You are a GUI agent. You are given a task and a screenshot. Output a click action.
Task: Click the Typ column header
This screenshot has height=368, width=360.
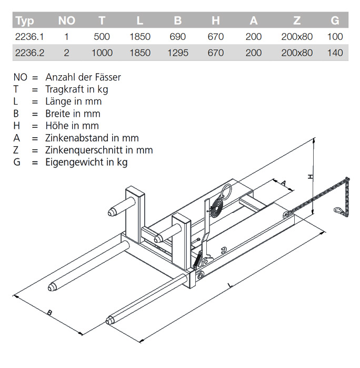[x=25, y=21]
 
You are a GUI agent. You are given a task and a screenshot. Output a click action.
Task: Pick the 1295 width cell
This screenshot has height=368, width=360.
[x=177, y=53]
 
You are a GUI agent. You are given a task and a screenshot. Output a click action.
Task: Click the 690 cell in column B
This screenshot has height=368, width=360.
[x=177, y=37]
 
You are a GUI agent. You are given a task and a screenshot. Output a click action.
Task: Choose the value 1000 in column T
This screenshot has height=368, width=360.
[x=102, y=53]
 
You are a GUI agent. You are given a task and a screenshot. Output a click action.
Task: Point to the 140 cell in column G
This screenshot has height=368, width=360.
[x=335, y=53]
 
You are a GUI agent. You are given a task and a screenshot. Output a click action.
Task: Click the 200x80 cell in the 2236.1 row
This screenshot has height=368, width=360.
[x=297, y=37]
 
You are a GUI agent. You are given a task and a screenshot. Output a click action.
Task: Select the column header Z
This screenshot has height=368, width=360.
[x=297, y=21]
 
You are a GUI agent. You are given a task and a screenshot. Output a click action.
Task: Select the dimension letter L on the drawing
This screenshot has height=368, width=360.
[x=229, y=285]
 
